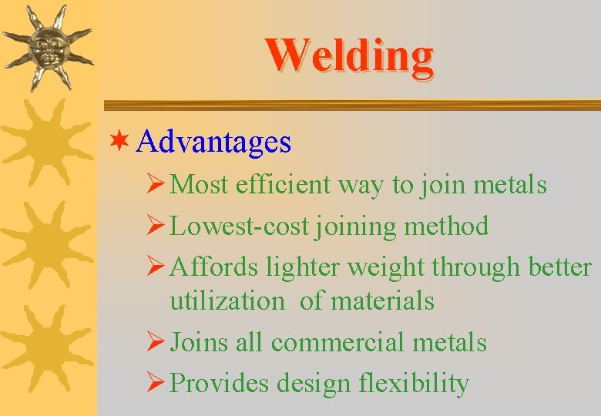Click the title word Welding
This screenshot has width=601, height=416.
pos(349,55)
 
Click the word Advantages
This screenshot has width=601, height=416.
pos(216,142)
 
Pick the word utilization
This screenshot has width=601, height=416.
pos(227,301)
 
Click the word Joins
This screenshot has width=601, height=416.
pos(199,342)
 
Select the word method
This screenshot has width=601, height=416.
pos(454,226)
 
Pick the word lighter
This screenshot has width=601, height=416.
pos(304,267)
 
